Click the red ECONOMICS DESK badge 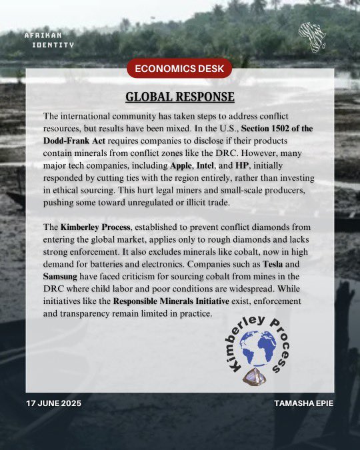click(x=180, y=67)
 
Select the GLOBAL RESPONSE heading click(x=180, y=97)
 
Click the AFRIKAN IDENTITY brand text click(x=49, y=39)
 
